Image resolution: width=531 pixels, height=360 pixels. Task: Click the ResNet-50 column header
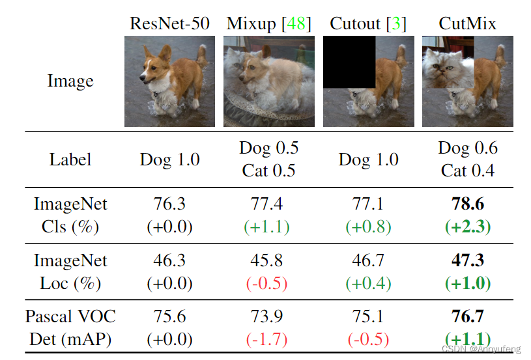pos(169,24)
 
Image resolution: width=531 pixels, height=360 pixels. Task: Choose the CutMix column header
pos(467,24)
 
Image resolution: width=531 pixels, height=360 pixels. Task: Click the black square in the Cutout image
pos(349,62)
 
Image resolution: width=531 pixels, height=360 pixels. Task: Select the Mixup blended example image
pos(268,81)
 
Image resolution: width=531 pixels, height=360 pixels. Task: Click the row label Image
pos(70,81)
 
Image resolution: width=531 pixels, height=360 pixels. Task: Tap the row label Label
pos(70,159)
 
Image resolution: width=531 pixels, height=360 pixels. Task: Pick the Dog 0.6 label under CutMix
pos(467,148)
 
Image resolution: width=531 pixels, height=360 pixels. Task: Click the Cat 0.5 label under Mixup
pos(268,171)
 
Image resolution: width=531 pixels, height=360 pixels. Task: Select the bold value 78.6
pos(467,204)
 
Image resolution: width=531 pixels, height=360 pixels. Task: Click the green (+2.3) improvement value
pos(467,227)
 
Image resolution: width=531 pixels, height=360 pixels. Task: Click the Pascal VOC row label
pos(70,317)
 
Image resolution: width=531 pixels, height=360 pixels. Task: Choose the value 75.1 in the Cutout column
pos(368,317)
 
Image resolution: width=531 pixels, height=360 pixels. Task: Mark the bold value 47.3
pos(467,261)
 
